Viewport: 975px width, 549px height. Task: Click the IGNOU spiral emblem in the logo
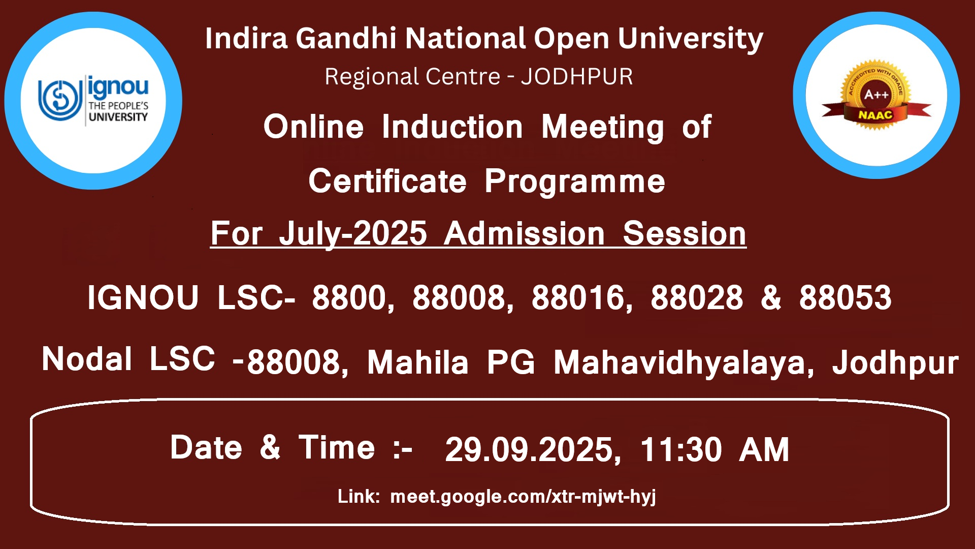(x=60, y=100)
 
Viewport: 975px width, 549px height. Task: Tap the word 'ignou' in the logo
(x=118, y=88)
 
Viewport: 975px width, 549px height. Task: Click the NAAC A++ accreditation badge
(x=876, y=96)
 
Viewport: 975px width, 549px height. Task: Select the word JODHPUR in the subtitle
(x=577, y=77)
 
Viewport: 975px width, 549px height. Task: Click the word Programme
(x=575, y=182)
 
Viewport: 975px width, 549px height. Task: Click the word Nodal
(x=87, y=359)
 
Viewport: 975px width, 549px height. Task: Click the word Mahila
(x=417, y=362)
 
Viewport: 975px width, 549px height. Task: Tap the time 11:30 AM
(x=714, y=449)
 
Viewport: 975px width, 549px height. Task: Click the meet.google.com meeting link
(x=523, y=497)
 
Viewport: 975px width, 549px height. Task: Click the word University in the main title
(x=691, y=40)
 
